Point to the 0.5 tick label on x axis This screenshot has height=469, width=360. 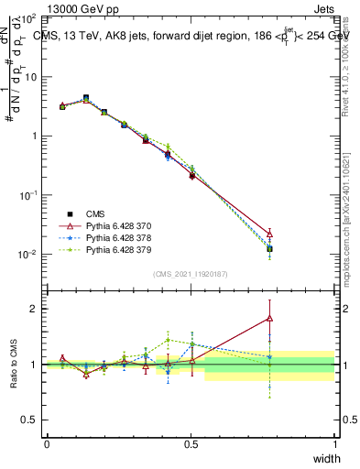click(x=191, y=444)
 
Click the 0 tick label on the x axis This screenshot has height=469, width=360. click(x=48, y=444)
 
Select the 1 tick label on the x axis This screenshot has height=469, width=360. click(x=335, y=444)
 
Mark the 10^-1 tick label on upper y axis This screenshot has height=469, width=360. click(x=29, y=195)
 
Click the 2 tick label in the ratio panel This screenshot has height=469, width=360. click(x=36, y=309)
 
